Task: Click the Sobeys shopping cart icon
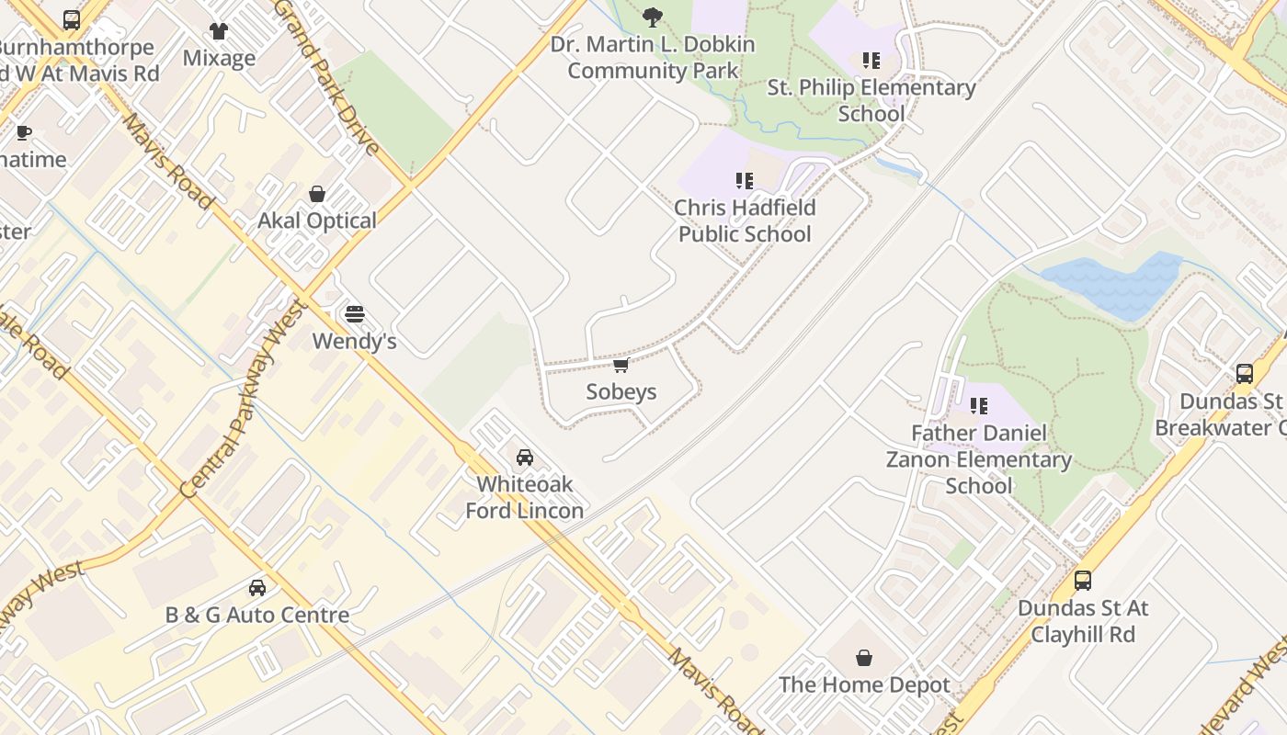point(621,366)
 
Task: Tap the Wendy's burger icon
point(355,314)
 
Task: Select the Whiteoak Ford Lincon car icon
point(525,458)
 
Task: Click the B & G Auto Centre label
point(257,615)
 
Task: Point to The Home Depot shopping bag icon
point(864,658)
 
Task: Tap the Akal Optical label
point(317,220)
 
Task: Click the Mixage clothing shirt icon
point(219,31)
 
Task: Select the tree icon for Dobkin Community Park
point(653,17)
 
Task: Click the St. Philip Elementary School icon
point(871,62)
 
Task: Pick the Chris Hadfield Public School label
point(745,220)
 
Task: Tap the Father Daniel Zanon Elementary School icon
point(979,405)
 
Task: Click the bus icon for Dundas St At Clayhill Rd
point(1083,581)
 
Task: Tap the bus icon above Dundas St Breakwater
point(1245,374)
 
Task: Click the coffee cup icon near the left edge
point(24,133)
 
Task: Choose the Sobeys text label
point(621,392)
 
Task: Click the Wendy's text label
point(355,342)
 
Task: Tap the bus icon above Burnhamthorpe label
point(72,19)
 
